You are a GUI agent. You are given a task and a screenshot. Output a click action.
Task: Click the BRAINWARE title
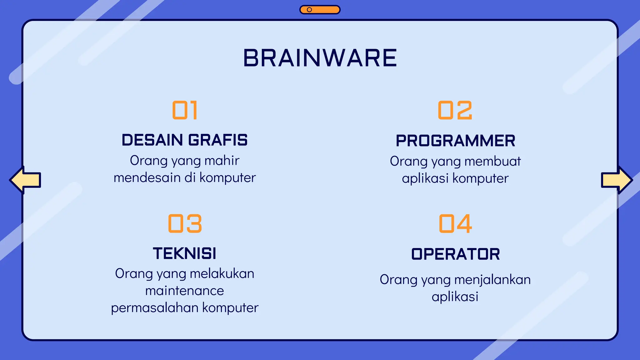[320, 58]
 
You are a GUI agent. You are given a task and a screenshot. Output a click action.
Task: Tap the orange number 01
[185, 110]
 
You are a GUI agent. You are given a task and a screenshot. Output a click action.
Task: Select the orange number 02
[455, 110]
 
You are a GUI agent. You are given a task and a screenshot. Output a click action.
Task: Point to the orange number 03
[185, 224]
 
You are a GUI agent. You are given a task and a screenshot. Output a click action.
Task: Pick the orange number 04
[455, 224]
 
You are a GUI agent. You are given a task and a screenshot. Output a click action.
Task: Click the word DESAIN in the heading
[152, 140]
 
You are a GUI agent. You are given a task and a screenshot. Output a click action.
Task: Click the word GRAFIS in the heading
[218, 140]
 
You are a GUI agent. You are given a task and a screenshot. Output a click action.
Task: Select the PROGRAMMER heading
[455, 141]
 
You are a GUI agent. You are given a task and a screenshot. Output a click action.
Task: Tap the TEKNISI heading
[185, 253]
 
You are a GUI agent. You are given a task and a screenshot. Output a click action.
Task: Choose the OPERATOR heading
[455, 254]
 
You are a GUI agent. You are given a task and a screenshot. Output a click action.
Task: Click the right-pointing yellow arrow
[617, 180]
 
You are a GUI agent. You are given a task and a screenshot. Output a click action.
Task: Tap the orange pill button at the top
[320, 10]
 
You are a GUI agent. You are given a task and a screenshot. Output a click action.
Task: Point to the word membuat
[492, 161]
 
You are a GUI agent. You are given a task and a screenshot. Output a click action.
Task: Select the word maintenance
[185, 291]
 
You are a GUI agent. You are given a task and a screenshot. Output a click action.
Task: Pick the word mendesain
[147, 178]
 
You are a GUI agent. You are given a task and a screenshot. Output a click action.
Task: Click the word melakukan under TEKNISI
[222, 274]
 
